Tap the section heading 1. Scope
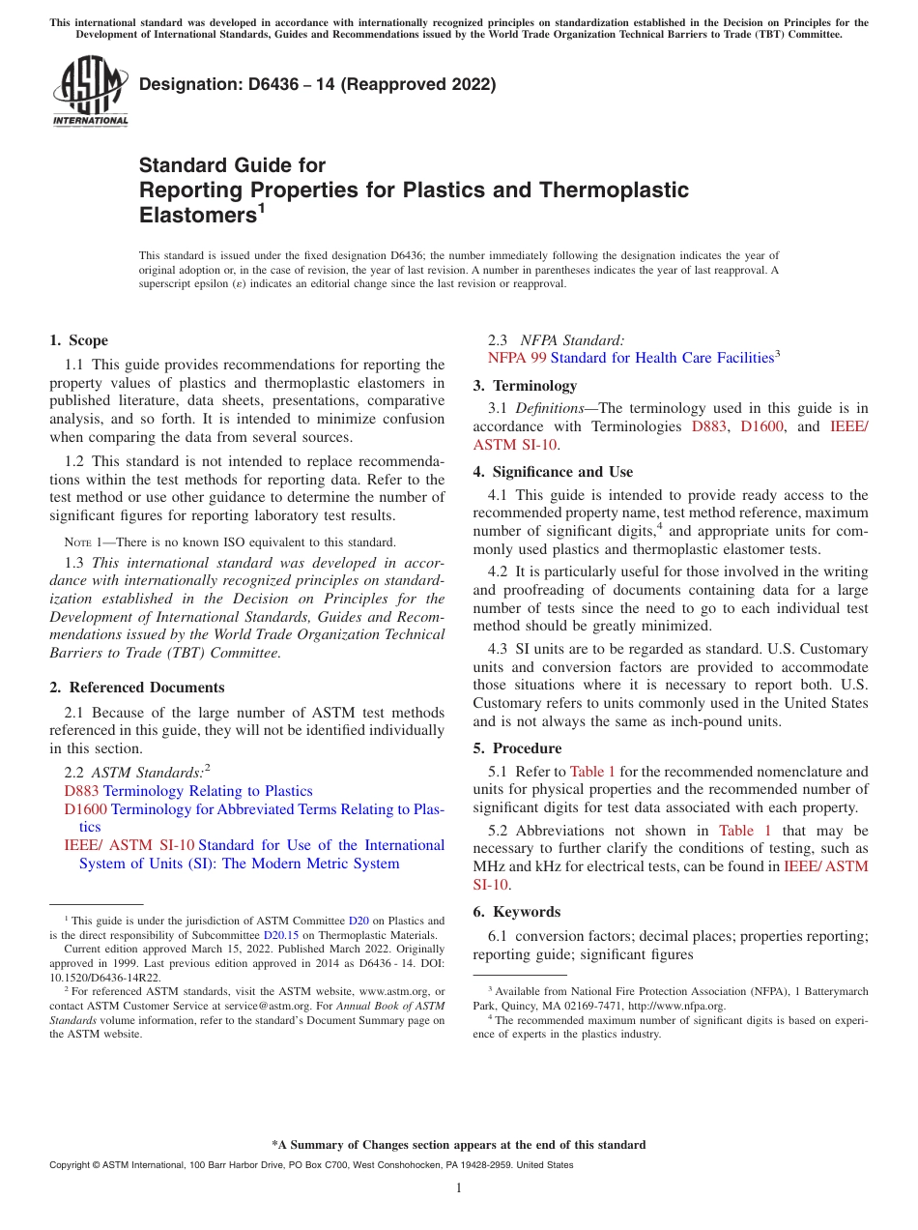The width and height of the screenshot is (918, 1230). click(x=78, y=340)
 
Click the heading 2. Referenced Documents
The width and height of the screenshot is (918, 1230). click(x=136, y=688)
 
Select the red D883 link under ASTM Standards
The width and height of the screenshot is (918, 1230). click(x=81, y=791)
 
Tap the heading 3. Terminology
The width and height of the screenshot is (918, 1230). click(x=524, y=385)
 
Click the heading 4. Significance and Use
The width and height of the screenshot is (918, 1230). click(x=553, y=472)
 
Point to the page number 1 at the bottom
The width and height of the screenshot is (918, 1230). click(x=459, y=1188)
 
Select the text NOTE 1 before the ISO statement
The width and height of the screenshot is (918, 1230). click(x=77, y=542)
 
